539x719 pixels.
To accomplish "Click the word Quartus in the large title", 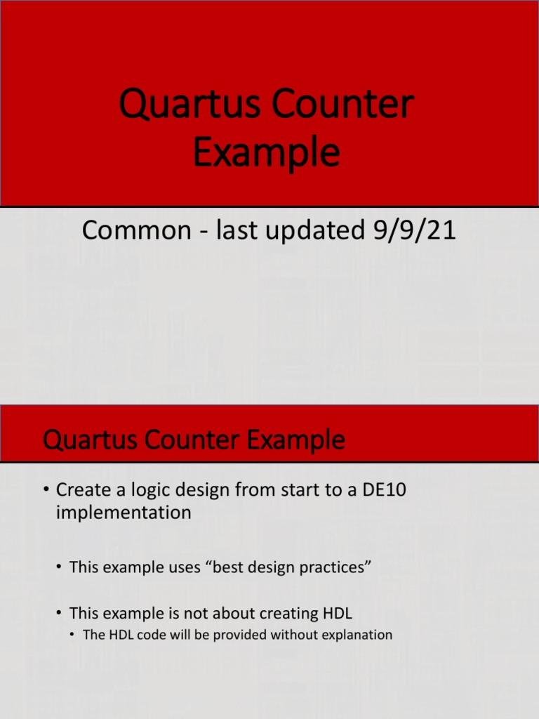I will (x=180, y=105).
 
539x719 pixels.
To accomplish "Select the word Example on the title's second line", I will (x=266, y=153).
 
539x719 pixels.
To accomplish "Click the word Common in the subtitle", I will (x=133, y=230).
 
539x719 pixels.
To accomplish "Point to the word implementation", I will (x=123, y=513).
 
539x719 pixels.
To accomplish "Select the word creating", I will (x=283, y=614).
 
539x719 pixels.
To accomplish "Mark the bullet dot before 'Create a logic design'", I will (x=46, y=489).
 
